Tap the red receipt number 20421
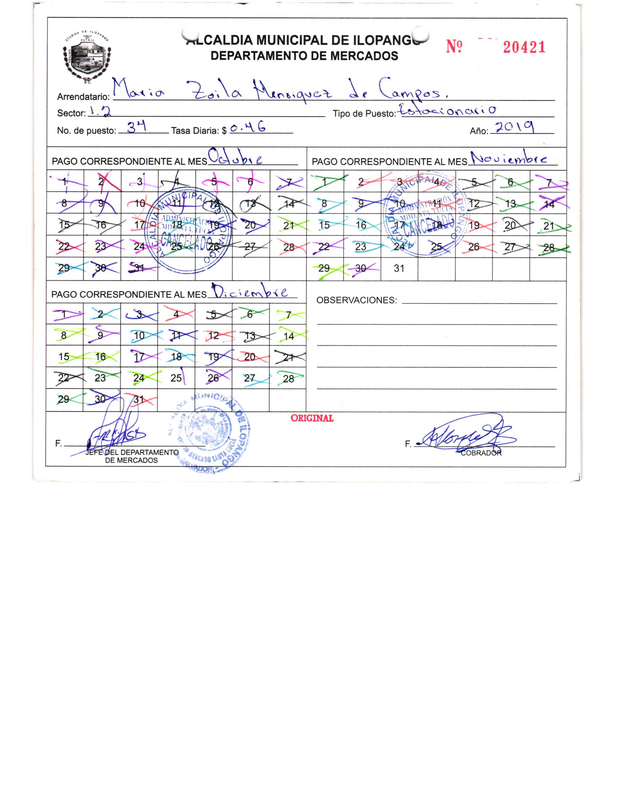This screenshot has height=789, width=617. pos(524,47)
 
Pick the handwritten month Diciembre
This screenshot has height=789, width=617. pos(250,292)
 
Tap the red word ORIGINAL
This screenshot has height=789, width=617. pos(312,418)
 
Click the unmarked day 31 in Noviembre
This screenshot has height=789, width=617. pos(399,269)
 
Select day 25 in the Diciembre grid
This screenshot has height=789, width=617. pos(176,378)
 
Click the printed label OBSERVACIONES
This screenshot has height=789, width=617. pos(356,300)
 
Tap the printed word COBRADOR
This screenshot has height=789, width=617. pos(481,453)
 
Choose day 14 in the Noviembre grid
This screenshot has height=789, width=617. pos(548,204)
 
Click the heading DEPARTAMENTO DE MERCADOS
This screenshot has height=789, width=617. pos(304,56)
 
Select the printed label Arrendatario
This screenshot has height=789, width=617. pos(83,97)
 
